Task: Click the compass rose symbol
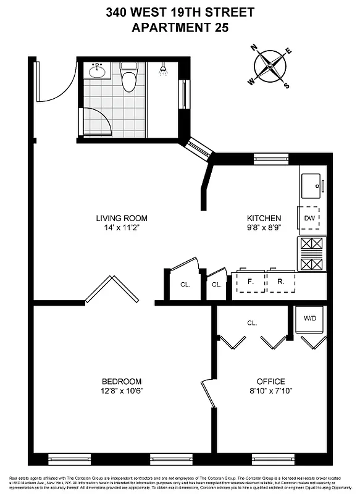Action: pyautogui.click(x=269, y=67)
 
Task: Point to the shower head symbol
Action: pyautogui.click(x=163, y=70)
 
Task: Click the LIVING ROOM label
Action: pyautogui.click(x=122, y=218)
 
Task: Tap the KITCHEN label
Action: pyautogui.click(x=264, y=218)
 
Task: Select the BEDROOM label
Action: pyautogui.click(x=122, y=381)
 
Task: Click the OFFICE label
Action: pyautogui.click(x=271, y=381)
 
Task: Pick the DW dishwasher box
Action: pyautogui.click(x=309, y=218)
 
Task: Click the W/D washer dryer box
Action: pyautogui.click(x=309, y=319)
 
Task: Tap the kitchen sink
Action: pyautogui.click(x=311, y=184)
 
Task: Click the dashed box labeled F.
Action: pyautogui.click(x=250, y=282)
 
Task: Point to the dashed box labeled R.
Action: pyautogui.click(x=280, y=282)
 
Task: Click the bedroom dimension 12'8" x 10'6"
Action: pyautogui.click(x=122, y=390)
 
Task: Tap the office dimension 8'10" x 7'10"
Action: pyautogui.click(x=271, y=390)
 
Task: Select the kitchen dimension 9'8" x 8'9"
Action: pyautogui.click(x=264, y=227)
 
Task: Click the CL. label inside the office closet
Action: pyautogui.click(x=251, y=322)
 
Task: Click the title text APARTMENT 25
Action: pyautogui.click(x=180, y=27)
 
